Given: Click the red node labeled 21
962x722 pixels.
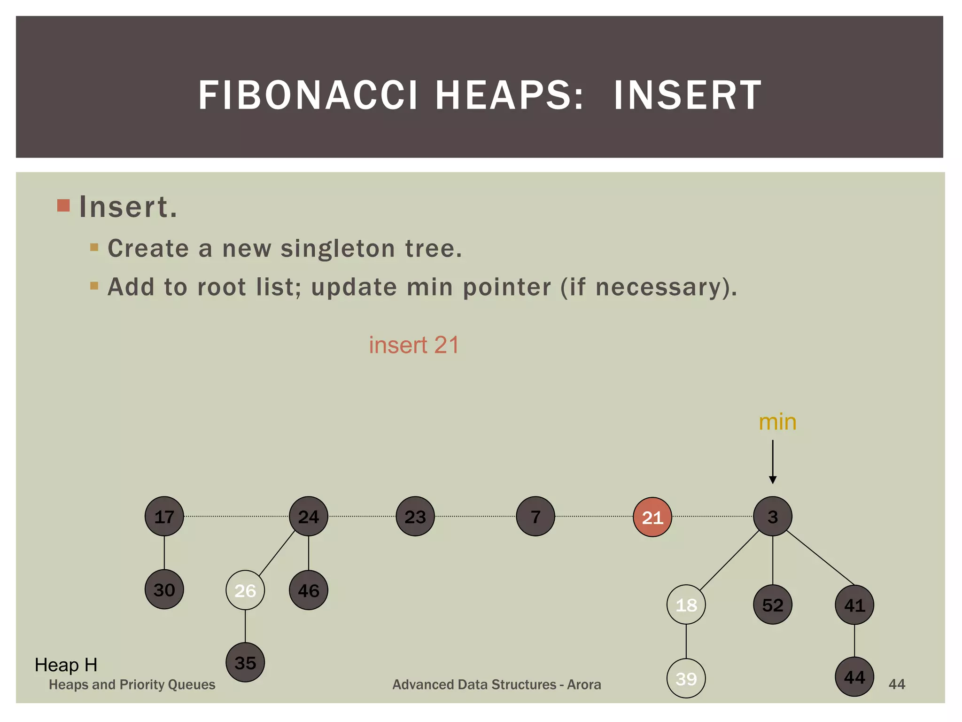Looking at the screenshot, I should pos(652,517).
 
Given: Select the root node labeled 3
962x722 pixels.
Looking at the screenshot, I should pos(772,516).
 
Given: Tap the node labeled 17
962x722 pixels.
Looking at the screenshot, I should pos(164,516).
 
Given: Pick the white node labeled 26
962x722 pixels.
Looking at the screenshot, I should pos(245,590).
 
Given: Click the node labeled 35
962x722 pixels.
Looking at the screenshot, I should pos(245,662).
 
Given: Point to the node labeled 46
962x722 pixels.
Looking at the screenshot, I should pos(309,590).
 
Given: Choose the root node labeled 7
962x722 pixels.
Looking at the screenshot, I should pos(535,516).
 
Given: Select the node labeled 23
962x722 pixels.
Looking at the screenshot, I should pos(415,516).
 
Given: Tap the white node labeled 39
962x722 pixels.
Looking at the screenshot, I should pos(686,678).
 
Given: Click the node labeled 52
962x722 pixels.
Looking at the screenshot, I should pos(772,604).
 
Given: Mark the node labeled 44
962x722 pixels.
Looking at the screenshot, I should pos(854,677).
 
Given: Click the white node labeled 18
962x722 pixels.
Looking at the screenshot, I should pos(686,604).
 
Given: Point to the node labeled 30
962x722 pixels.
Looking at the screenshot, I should pos(164,589).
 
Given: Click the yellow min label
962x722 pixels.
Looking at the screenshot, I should pos(777,422).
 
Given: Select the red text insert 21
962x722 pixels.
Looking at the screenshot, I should pos(413,345).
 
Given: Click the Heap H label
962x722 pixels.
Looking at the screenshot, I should pos(66,665).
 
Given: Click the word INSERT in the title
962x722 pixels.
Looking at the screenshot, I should pos(687,95).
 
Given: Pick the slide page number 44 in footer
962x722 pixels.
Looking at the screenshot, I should pos(896,684).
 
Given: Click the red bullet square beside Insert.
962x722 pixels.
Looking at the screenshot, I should pos(63,205).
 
